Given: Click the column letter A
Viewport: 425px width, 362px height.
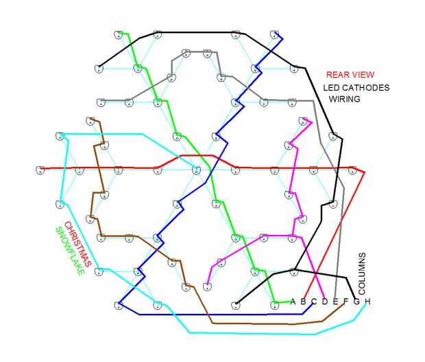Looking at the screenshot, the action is (x=293, y=302).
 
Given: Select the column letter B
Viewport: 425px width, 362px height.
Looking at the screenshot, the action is (x=303, y=302).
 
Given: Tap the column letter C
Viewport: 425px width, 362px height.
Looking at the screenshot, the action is (x=313, y=302).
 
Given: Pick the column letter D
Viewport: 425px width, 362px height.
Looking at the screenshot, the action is (x=324, y=302).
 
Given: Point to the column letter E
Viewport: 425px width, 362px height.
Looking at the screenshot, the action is (x=335, y=302).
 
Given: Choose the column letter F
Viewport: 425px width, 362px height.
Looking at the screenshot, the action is (x=345, y=302).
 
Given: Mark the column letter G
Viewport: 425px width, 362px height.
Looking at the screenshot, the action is (x=356, y=302).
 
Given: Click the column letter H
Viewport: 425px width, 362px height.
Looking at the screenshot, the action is (x=367, y=302).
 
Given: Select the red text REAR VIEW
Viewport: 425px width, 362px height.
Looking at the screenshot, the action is (x=350, y=75).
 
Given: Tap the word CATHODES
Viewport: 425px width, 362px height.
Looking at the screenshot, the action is (x=366, y=87).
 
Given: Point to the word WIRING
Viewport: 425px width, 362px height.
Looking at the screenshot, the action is (x=345, y=99).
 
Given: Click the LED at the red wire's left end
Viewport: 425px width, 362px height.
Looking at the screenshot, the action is (x=40, y=169).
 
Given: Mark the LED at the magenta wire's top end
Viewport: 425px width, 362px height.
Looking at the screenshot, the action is (x=304, y=122).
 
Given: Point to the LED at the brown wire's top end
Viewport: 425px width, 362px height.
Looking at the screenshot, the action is (x=90, y=121).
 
